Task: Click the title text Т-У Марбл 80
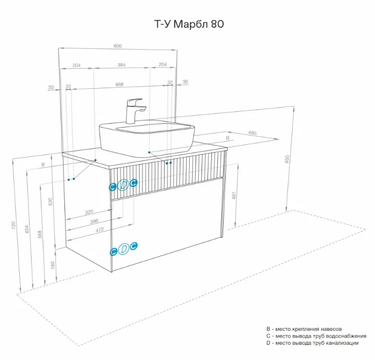[189, 24]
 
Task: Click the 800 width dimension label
[118, 46]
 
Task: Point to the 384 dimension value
[122, 65]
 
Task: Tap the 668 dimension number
[119, 84]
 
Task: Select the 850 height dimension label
[287, 159]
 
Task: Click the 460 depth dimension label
[252, 132]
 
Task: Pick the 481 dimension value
[234, 196]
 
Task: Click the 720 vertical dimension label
[13, 226]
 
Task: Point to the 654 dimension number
[27, 229]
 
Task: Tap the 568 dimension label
[40, 234]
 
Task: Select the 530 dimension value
[50, 202]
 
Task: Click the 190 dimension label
[53, 265]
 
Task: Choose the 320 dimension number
[89, 212]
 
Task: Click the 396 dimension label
[94, 221]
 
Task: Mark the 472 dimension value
[100, 229]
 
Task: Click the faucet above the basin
[135, 111]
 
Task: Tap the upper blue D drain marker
[123, 185]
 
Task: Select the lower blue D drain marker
[123, 249]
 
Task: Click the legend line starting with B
[304, 329]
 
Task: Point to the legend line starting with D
[312, 343]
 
